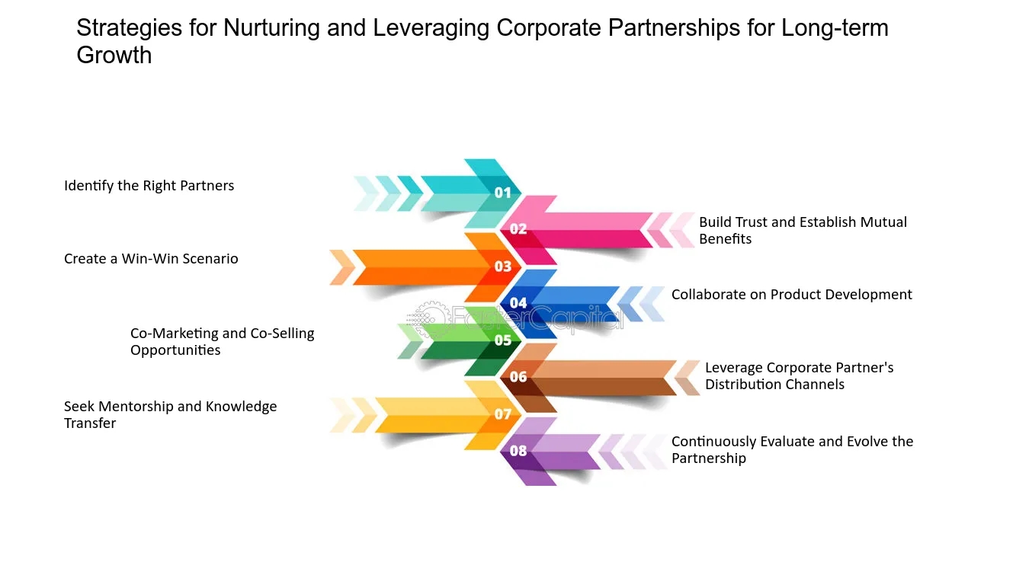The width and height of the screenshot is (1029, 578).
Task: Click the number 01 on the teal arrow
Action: click(503, 193)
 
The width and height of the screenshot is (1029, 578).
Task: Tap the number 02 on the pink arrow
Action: click(518, 229)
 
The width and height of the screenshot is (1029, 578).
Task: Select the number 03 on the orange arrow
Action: click(503, 267)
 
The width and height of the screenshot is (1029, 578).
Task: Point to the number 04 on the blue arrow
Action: click(518, 303)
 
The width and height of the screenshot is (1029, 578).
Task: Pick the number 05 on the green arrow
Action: click(503, 340)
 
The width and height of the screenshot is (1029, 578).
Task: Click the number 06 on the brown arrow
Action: click(518, 377)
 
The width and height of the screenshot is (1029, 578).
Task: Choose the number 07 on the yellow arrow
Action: click(503, 414)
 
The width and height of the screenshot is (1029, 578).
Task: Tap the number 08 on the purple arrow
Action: click(518, 451)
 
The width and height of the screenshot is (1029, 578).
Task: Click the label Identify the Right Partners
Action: click(149, 186)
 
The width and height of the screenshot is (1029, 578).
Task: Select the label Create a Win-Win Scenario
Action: click(151, 259)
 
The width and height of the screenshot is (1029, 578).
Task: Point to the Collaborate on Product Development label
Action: click(791, 295)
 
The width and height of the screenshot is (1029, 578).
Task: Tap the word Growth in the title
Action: click(114, 56)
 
